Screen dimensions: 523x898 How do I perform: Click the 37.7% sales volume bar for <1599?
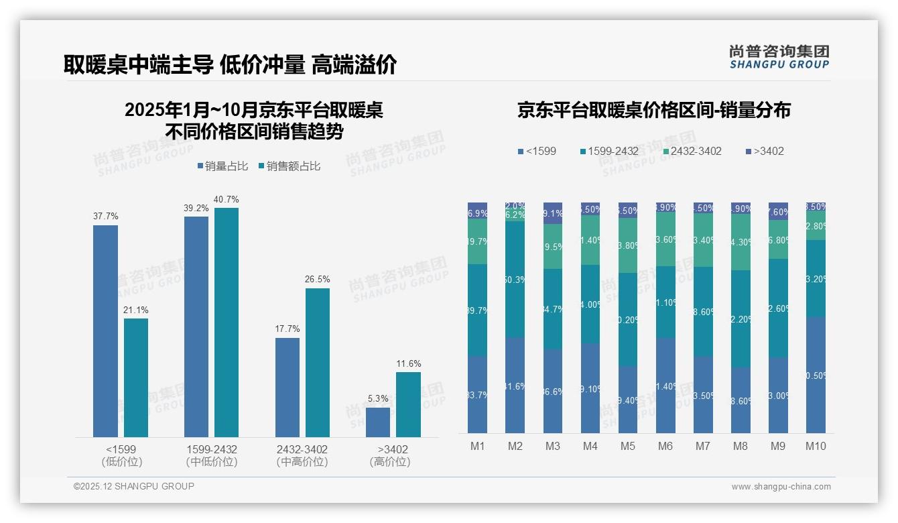pyautogui.click(x=105, y=331)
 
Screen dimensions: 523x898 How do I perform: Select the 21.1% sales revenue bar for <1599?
pyautogui.click(x=136, y=377)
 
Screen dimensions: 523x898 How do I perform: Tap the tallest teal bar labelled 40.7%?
pyautogui.click(x=227, y=323)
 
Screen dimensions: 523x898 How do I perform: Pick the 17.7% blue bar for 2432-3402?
pyautogui.click(x=287, y=388)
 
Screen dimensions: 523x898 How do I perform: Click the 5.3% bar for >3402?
pyautogui.click(x=378, y=422)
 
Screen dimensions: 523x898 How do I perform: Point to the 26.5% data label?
pyautogui.click(x=318, y=280)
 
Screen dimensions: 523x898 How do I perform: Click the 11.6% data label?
pyautogui.click(x=409, y=364)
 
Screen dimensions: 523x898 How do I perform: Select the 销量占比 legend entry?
pyautogui.click(x=220, y=166)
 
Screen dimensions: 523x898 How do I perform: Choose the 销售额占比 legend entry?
pyautogui.click(x=289, y=166)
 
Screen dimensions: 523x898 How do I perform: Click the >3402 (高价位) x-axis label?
pyautogui.click(x=390, y=455)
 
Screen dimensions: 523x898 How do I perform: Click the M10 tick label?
pyautogui.click(x=816, y=446)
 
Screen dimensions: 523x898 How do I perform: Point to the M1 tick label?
pyautogui.click(x=477, y=446)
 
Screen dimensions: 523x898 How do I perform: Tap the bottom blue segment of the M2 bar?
pyautogui.click(x=515, y=386)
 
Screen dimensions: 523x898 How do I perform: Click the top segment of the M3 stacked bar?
pyautogui.click(x=553, y=213)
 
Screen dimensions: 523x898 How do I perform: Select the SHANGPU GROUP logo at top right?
pyautogui.click(x=779, y=57)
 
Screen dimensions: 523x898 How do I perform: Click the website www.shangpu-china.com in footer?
pyautogui.click(x=781, y=487)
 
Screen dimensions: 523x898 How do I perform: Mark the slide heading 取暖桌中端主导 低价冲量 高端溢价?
pyautogui.click(x=230, y=64)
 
